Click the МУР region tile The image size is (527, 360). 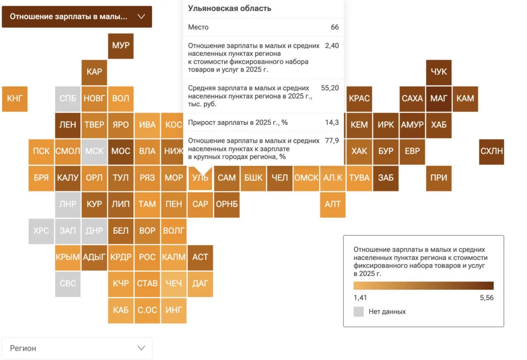121,46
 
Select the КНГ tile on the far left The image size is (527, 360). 15,99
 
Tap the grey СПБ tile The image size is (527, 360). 68,99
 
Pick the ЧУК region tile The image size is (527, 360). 438,72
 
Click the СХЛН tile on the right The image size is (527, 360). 492,151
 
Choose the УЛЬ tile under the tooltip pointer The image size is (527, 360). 201,178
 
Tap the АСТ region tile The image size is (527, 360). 201,257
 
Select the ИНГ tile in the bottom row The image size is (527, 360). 174,310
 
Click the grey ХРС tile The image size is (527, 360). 41,231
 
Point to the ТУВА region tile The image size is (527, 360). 359,178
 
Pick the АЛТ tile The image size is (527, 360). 333,204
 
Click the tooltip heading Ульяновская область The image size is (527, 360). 230,9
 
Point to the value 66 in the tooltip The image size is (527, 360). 335,27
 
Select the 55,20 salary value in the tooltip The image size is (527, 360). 330,88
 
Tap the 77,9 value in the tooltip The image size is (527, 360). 332,141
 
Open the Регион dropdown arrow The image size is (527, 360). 141,348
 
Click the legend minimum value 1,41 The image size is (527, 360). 360,298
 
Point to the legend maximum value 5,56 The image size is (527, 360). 486,298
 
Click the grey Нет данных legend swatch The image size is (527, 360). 359,312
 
